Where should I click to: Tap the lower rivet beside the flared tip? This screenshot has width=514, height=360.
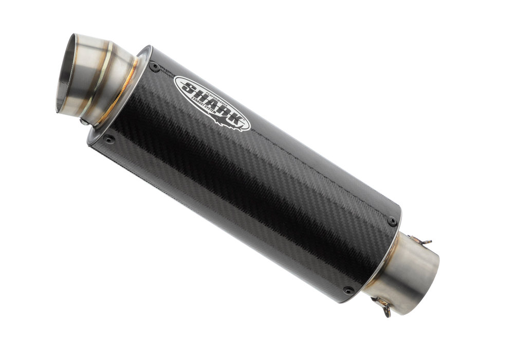tap(109, 138)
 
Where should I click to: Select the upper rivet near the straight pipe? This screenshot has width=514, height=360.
tap(392, 220)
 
